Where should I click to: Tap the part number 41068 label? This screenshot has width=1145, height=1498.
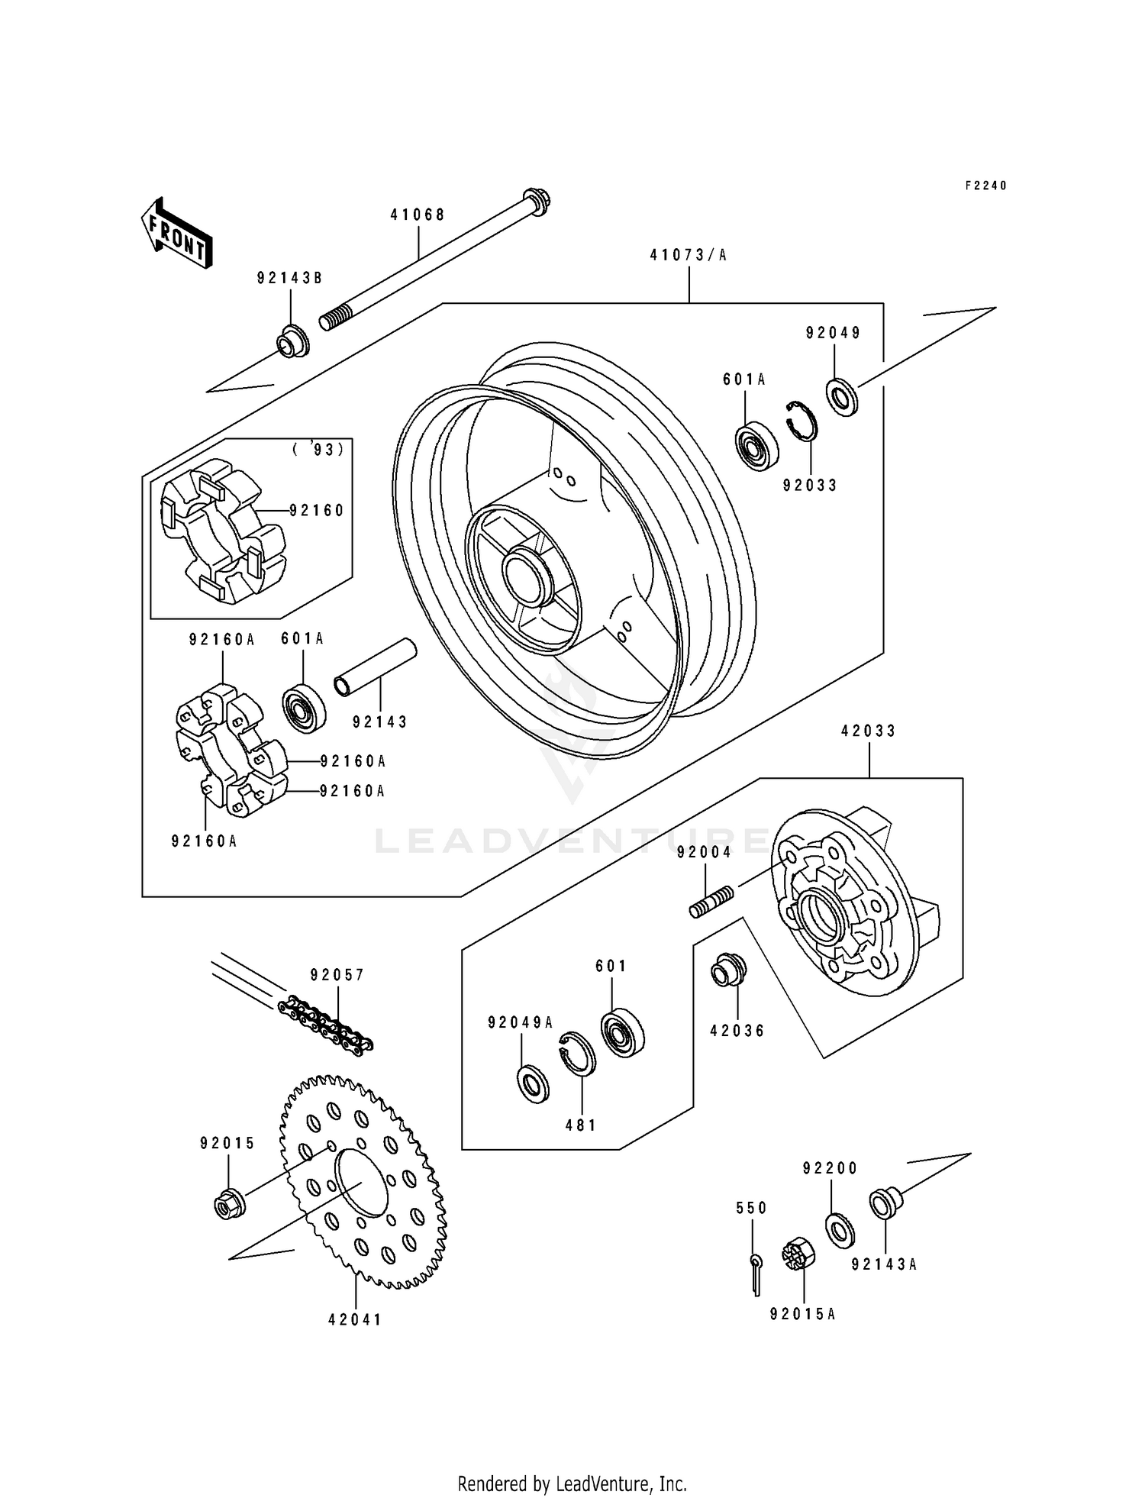(418, 215)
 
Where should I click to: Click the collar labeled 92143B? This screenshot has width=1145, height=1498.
(293, 342)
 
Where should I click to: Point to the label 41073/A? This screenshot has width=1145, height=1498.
(689, 255)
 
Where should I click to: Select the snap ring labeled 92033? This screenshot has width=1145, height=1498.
(802, 421)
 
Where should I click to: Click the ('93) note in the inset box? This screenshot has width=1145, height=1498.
(318, 450)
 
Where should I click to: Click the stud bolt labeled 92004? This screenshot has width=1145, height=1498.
(711, 902)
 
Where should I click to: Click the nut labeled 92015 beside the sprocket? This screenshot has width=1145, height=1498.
(229, 1205)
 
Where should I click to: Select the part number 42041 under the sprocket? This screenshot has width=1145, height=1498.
(355, 1319)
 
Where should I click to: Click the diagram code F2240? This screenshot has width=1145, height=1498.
(985, 186)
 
